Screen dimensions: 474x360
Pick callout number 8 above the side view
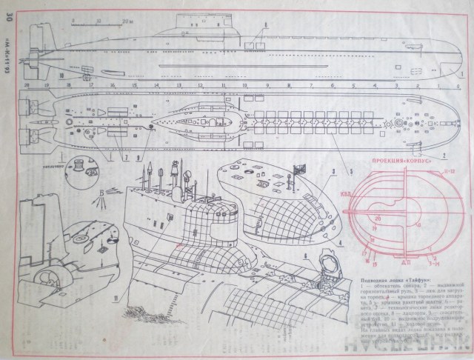pyautogui.click(x=265, y=25)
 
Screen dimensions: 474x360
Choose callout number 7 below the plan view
pyautogui.click(x=127, y=157)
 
